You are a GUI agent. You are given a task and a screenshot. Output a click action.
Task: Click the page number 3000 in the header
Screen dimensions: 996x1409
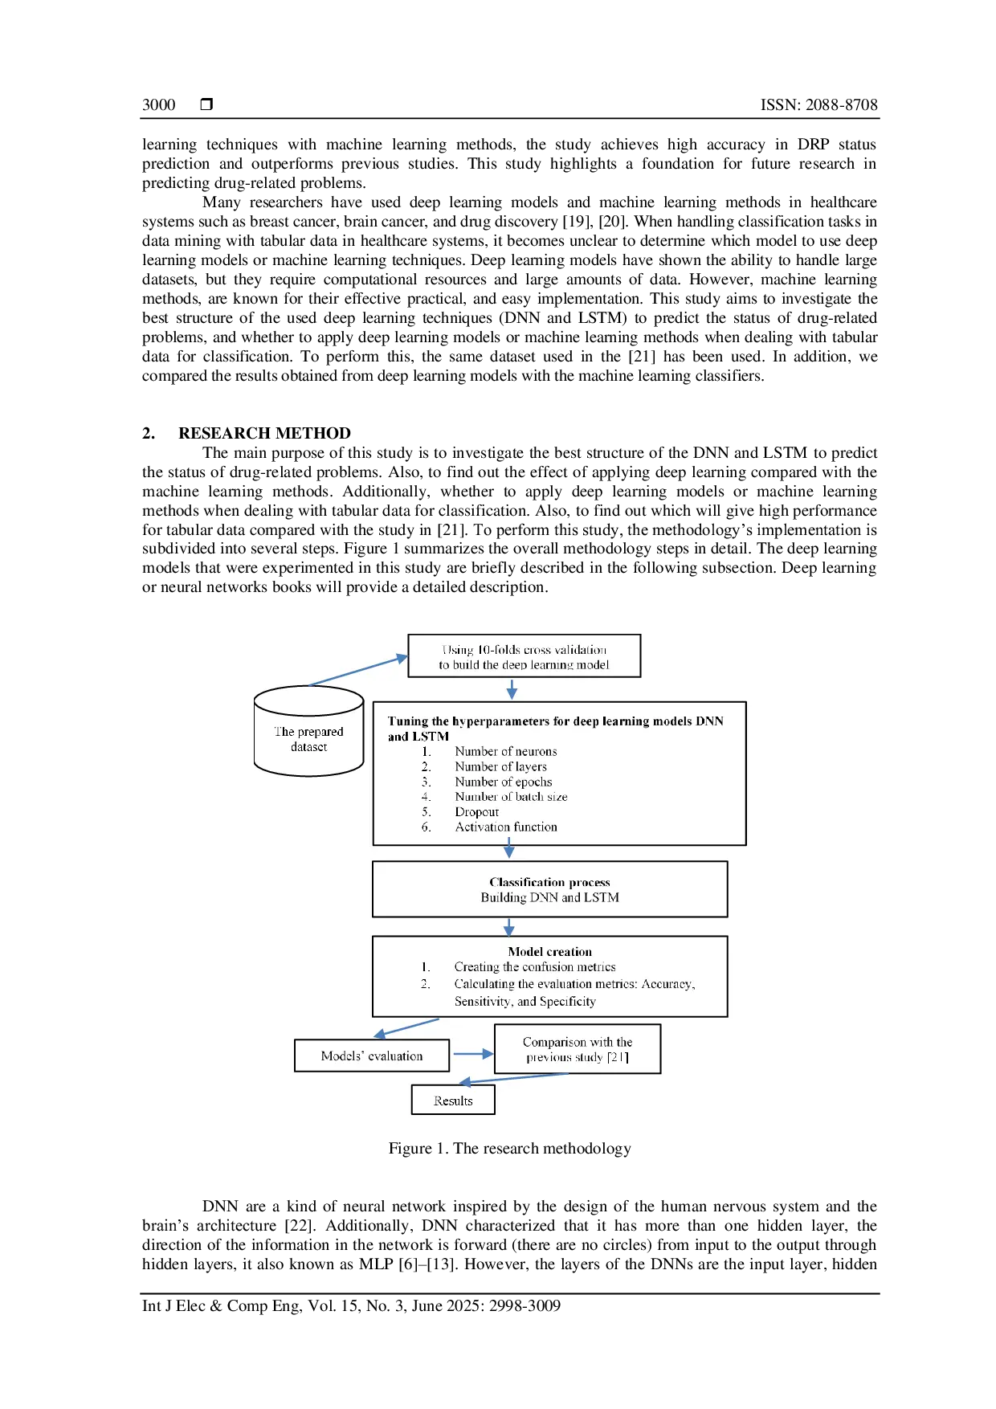(158, 104)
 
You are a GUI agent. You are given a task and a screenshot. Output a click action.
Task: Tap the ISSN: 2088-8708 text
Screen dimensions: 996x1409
(818, 104)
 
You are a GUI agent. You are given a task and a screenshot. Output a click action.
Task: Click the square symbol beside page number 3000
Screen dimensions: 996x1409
(206, 104)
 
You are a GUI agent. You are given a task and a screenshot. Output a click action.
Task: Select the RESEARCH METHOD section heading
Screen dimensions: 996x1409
(264, 433)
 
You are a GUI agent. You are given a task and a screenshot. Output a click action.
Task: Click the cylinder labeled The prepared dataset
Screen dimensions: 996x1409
(308, 731)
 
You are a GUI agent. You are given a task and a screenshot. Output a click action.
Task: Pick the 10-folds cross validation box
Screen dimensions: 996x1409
(525, 656)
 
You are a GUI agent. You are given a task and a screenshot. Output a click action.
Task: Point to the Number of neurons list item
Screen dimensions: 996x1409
(506, 751)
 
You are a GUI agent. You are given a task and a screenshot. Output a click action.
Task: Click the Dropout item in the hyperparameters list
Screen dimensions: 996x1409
(477, 812)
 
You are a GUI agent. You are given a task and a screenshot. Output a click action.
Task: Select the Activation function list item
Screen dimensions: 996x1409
(506, 827)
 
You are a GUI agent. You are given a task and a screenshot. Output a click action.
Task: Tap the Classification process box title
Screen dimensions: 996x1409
(550, 882)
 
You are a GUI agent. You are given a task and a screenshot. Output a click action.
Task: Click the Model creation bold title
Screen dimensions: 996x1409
(550, 952)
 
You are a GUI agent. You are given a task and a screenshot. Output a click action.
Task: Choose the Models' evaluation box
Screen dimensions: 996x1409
(372, 1056)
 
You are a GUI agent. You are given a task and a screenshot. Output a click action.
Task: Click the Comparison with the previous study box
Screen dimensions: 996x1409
(578, 1049)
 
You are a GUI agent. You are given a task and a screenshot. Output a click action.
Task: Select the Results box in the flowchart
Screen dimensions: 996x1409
(453, 1100)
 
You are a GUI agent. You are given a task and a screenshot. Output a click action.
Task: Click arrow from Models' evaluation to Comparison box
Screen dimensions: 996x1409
(473, 1054)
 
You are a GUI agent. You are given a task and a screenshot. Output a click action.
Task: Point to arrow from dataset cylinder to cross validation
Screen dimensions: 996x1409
(359, 671)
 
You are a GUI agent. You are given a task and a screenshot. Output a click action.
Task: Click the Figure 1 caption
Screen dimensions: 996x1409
(509, 1149)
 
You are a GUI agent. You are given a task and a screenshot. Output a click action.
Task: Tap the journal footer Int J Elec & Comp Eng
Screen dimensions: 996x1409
(351, 1305)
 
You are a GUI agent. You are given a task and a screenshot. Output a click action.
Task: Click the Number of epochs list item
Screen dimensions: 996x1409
(504, 782)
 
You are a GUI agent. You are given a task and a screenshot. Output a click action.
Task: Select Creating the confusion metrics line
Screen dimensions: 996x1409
(535, 967)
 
